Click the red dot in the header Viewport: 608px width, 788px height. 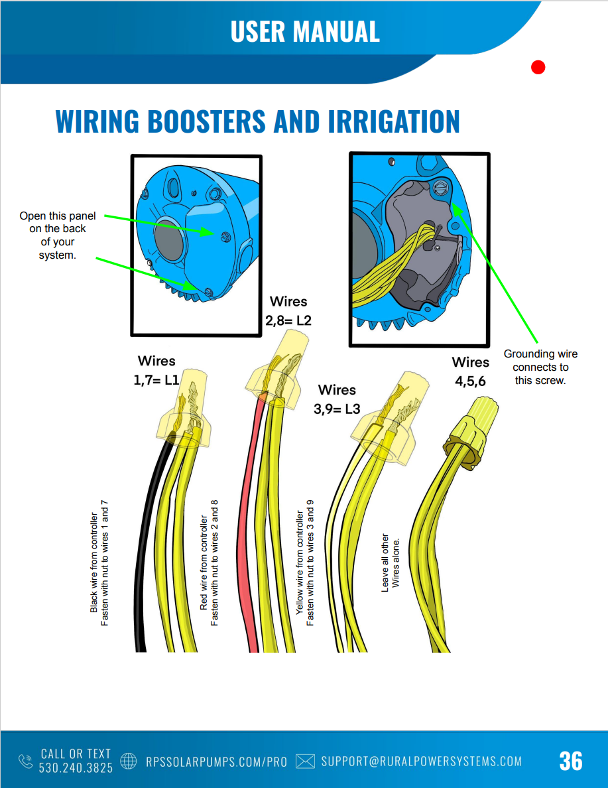(538, 67)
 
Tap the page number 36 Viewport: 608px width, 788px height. (570, 761)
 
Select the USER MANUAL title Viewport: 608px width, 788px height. (305, 31)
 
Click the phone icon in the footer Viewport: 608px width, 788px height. (25, 761)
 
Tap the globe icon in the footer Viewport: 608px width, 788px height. (129, 761)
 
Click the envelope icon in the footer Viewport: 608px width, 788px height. (304, 761)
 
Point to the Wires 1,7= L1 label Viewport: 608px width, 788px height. (156, 371)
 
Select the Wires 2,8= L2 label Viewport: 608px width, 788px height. (288, 311)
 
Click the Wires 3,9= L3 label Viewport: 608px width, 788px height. (337, 399)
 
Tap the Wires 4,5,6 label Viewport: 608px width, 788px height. (470, 371)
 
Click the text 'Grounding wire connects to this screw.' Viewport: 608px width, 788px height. (540, 367)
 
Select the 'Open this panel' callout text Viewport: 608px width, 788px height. (57, 235)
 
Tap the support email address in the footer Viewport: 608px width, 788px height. (421, 761)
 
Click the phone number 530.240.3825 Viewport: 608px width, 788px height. (76, 767)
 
